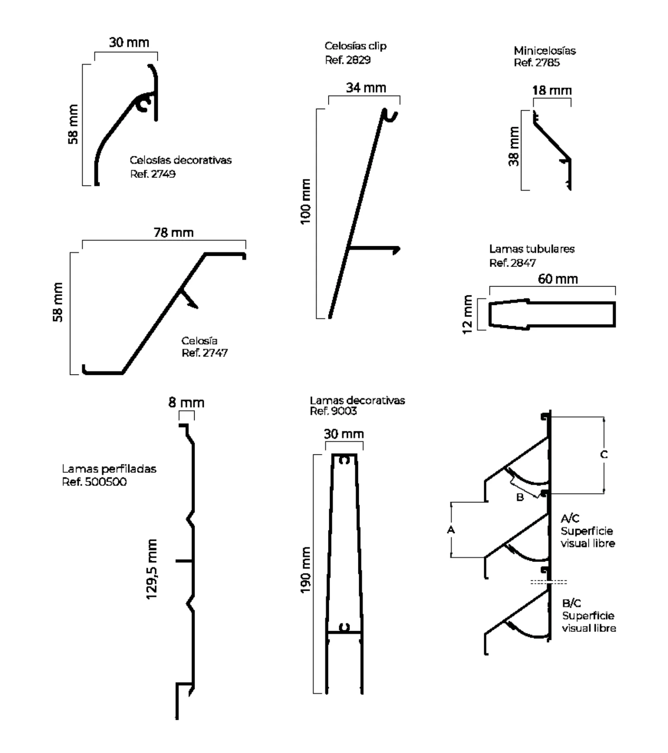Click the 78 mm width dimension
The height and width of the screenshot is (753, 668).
(x=173, y=233)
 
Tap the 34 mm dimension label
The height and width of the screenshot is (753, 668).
(x=366, y=88)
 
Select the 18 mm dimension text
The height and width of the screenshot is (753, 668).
(x=552, y=90)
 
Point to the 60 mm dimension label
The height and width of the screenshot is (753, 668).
(x=558, y=279)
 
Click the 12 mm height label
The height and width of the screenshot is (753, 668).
(x=467, y=314)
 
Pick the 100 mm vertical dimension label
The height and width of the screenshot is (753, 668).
(x=305, y=201)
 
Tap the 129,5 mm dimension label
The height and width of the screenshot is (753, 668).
(x=152, y=569)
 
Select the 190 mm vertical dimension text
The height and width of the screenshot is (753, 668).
(x=306, y=570)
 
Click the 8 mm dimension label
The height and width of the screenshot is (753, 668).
(x=186, y=402)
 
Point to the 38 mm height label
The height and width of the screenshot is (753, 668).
(x=514, y=146)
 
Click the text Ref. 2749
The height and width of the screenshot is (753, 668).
(x=153, y=174)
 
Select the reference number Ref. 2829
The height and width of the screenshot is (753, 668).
(x=348, y=60)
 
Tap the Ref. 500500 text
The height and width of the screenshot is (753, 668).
(x=94, y=482)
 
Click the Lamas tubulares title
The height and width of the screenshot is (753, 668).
(x=532, y=249)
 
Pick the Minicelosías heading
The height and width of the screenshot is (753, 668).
(x=545, y=51)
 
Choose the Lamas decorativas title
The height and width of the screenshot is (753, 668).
(x=357, y=400)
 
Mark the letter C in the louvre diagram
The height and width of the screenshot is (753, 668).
(x=604, y=455)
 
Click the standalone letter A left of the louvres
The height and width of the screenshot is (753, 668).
(x=451, y=530)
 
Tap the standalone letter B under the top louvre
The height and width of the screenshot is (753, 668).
(x=520, y=498)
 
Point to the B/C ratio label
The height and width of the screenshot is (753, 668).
(x=572, y=603)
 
